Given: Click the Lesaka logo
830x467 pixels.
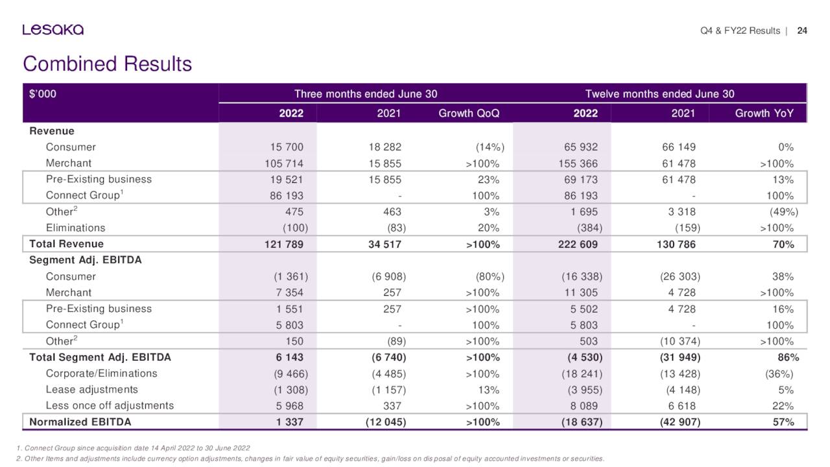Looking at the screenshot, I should point(53,30).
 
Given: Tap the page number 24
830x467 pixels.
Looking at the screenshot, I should point(802,30).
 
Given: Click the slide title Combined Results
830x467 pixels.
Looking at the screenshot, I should point(107,64).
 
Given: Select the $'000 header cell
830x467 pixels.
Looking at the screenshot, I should point(43,94).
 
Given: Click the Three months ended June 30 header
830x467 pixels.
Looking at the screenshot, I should point(366,94).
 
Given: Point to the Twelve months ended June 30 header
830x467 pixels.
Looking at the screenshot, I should point(659,94).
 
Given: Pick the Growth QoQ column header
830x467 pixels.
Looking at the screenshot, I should point(469,114).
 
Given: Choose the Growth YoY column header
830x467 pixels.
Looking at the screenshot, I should point(764,114).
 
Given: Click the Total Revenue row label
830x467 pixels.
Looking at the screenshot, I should point(66,244).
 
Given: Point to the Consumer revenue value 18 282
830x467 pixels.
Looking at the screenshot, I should point(384,147).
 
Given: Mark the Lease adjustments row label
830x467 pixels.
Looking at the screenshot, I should point(91,390).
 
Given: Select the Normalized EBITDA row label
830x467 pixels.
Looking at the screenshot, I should point(80,422).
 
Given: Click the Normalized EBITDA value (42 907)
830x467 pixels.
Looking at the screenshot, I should point(678,422).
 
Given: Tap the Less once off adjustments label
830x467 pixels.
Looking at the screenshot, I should point(110,406).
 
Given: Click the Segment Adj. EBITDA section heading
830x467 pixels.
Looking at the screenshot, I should point(86,260).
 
